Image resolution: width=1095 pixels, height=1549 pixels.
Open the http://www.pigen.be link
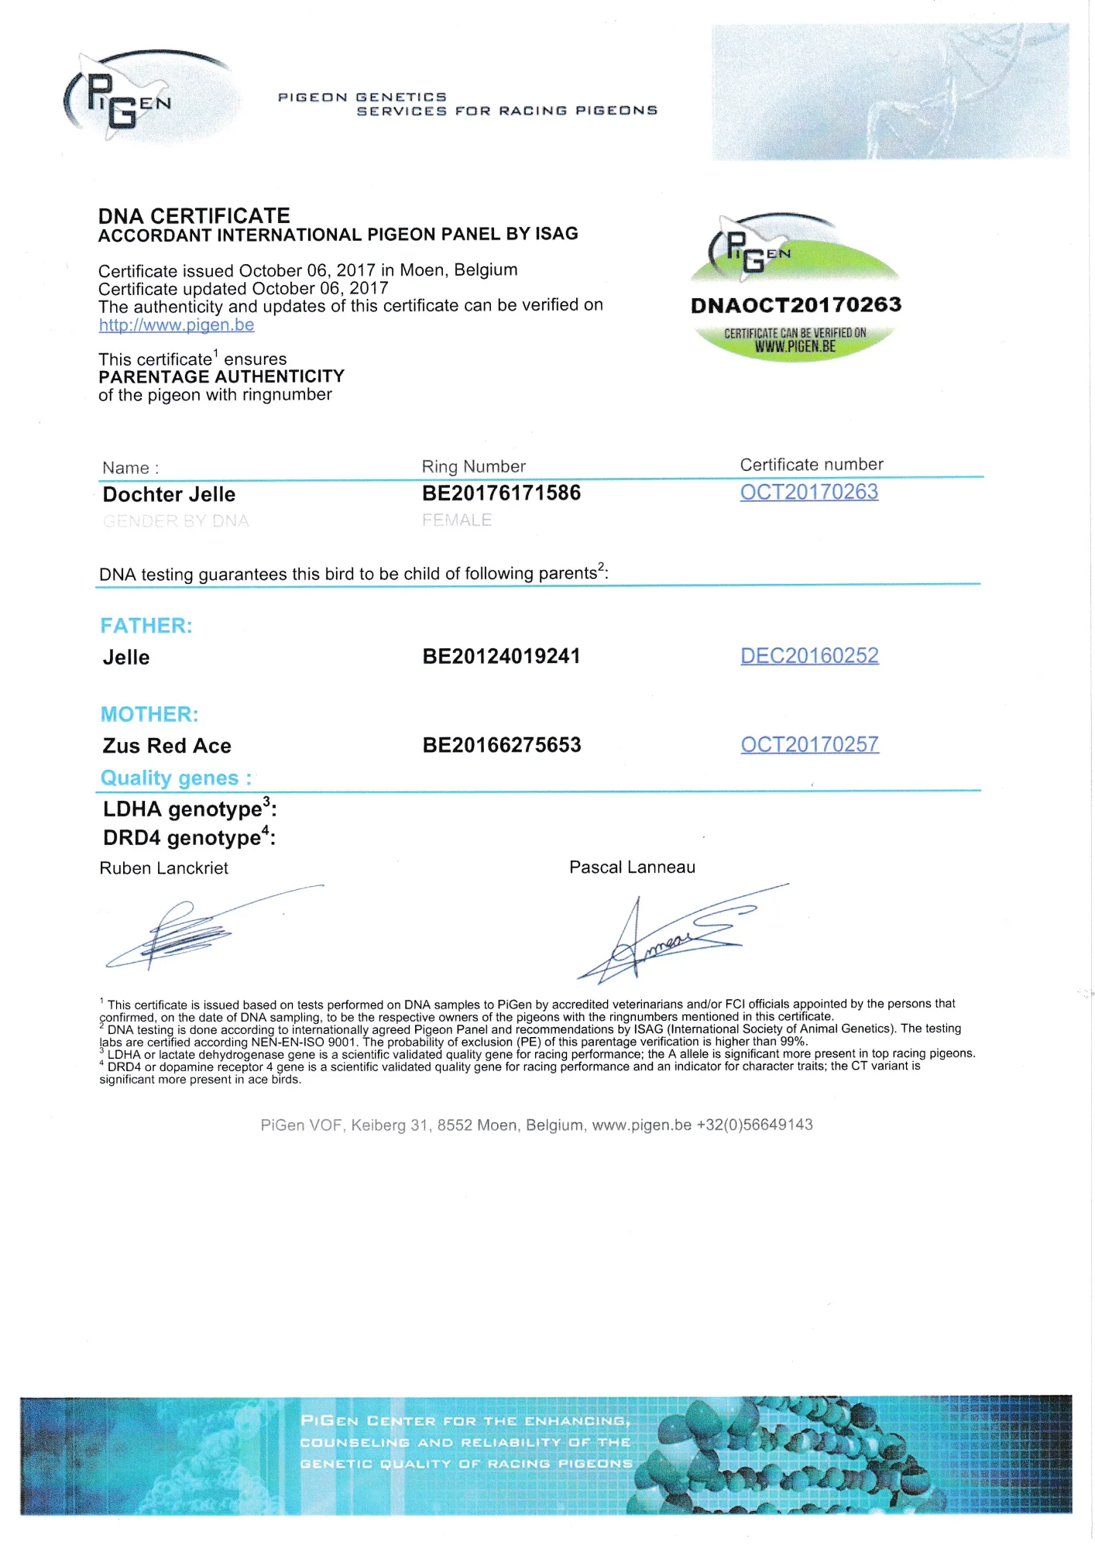click(x=177, y=325)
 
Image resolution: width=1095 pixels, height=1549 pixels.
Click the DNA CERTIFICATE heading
click(x=194, y=215)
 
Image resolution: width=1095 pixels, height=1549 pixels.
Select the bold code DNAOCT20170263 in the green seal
click(x=796, y=305)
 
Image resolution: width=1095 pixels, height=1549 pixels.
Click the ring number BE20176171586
click(x=501, y=493)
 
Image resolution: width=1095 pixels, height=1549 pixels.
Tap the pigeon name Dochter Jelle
click(x=169, y=495)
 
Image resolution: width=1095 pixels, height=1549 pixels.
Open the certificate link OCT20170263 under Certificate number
click(x=808, y=493)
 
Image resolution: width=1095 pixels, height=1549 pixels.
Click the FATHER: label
click(x=146, y=626)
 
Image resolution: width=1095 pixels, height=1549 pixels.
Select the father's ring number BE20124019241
click(x=501, y=657)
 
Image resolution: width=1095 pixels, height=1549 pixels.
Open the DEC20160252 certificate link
click(x=809, y=656)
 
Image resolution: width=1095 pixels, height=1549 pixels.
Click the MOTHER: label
click(x=149, y=714)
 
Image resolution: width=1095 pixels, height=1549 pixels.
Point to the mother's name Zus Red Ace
click(x=167, y=746)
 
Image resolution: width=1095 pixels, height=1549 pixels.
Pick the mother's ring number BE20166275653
click(x=502, y=745)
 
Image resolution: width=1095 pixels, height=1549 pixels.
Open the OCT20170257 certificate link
click(x=809, y=745)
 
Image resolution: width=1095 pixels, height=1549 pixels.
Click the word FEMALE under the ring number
click(x=457, y=520)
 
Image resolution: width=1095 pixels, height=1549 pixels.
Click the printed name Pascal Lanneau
click(x=632, y=867)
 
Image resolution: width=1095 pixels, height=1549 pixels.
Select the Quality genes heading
click(x=176, y=778)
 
